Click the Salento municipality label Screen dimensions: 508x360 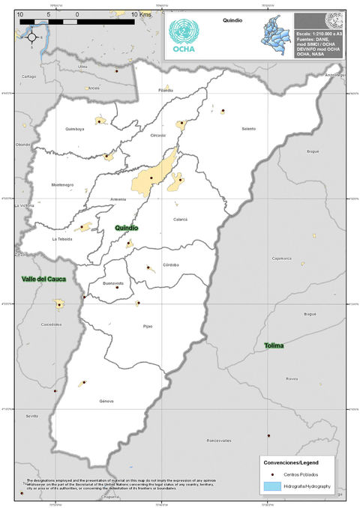click(x=228, y=129)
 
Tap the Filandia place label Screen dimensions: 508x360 click(x=166, y=90)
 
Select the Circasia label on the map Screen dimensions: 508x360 click(x=157, y=135)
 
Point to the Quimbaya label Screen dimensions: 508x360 click(x=75, y=129)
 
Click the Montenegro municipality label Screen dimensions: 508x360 click(x=62, y=184)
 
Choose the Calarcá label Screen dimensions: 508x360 click(x=180, y=219)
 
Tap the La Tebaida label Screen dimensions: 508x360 click(x=62, y=239)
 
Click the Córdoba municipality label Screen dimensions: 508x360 click(x=171, y=265)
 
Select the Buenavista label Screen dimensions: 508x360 click(x=113, y=284)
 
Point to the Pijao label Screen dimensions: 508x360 click(x=147, y=326)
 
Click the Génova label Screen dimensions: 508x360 click(x=106, y=401)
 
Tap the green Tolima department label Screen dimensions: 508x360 click(x=274, y=345)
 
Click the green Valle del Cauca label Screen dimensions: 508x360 click(x=43, y=279)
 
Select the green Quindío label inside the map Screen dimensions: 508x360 click(x=128, y=227)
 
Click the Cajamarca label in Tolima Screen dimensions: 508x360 click(x=282, y=258)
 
